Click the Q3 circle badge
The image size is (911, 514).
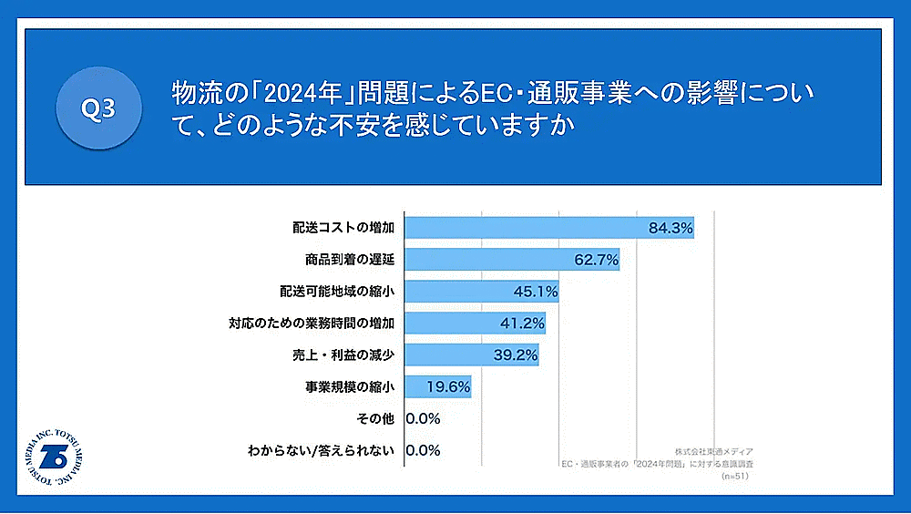click(x=98, y=108)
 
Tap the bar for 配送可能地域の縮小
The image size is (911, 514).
click(x=481, y=292)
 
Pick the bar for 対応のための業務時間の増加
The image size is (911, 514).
click(x=475, y=323)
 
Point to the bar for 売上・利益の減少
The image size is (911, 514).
click(x=471, y=355)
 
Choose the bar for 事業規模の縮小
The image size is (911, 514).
click(x=437, y=386)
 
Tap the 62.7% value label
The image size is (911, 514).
click(x=597, y=260)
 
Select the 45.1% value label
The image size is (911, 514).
click(x=535, y=292)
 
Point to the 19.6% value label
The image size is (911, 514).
click(x=448, y=386)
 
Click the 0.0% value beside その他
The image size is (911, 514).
click(x=423, y=418)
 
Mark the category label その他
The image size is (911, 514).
click(x=374, y=418)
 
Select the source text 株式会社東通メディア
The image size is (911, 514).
click(x=713, y=452)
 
